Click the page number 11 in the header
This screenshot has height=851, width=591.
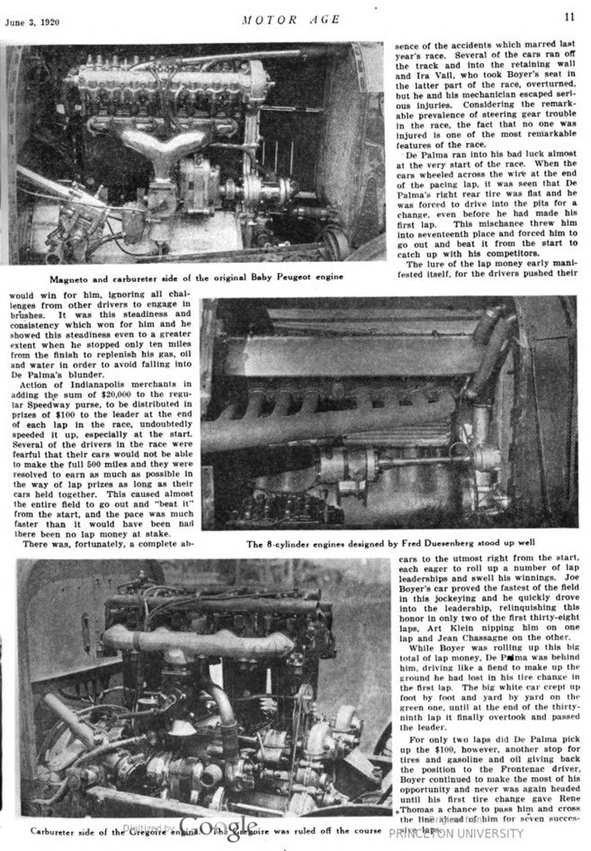[x=570, y=16]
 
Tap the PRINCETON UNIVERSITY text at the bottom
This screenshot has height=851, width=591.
[x=456, y=834]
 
